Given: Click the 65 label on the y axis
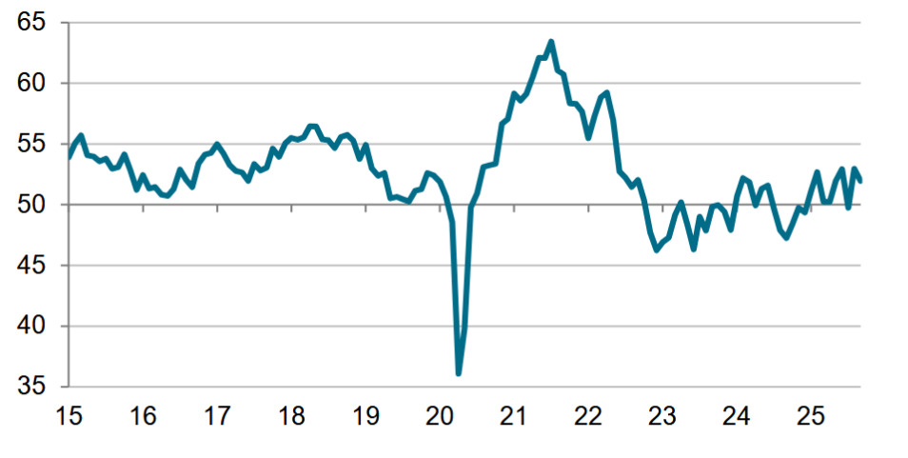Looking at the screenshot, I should [31, 23].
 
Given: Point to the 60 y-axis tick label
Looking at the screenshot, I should [31, 84].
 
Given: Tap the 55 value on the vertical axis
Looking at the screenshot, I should [31, 145].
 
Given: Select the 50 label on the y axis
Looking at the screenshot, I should [31, 206].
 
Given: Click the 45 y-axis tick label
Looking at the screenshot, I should [31, 266].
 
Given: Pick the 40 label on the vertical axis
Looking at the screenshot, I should [31, 327].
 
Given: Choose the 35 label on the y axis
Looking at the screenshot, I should [31, 388].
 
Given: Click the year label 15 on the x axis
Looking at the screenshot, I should [69, 416].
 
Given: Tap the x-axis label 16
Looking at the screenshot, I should [143, 416].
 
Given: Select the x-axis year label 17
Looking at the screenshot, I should [217, 416].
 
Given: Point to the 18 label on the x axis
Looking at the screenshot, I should [291, 416].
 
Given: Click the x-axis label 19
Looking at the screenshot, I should [365, 416].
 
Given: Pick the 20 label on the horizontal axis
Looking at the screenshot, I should [440, 416].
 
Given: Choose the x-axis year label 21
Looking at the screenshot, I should [514, 416].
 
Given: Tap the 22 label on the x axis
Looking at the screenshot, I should [588, 416].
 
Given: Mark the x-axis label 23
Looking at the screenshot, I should [662, 416].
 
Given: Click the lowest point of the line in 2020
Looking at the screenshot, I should [459, 373].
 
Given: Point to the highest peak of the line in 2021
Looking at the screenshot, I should [551, 41].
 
